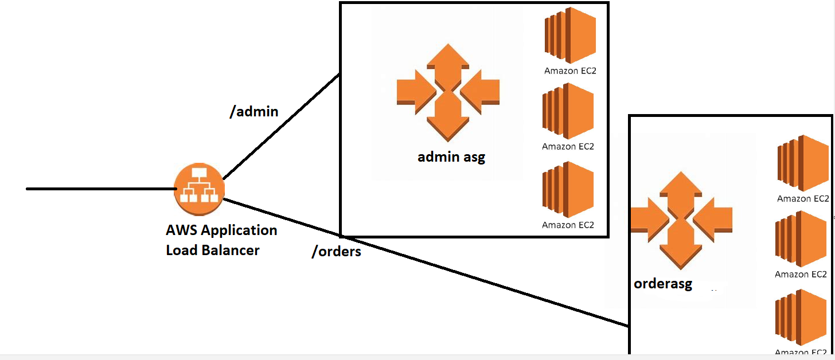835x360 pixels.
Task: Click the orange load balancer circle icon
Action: click(199, 189)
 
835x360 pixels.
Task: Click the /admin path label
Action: click(253, 111)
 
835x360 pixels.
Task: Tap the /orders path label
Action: click(336, 251)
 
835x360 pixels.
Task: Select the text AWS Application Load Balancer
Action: click(221, 240)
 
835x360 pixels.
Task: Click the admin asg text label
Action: click(451, 156)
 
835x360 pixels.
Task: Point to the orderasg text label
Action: click(663, 283)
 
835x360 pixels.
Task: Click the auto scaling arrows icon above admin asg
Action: click(448, 92)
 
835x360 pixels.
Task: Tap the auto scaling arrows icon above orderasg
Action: click(681, 220)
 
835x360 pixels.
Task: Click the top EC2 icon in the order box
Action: click(803, 163)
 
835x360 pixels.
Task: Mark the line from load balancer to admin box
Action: click(281, 126)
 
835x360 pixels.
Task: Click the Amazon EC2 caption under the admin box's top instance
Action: click(567, 71)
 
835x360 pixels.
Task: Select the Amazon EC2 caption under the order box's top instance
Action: click(802, 199)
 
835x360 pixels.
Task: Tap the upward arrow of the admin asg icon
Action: click(448, 60)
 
